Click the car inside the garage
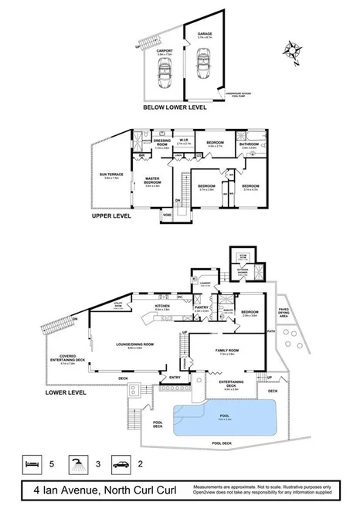tap(204, 59)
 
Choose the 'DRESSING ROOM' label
tap(161, 142)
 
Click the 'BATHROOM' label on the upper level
tap(248, 144)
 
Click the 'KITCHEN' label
tap(161, 306)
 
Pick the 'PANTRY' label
tap(201, 307)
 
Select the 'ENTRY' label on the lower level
tap(175, 377)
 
